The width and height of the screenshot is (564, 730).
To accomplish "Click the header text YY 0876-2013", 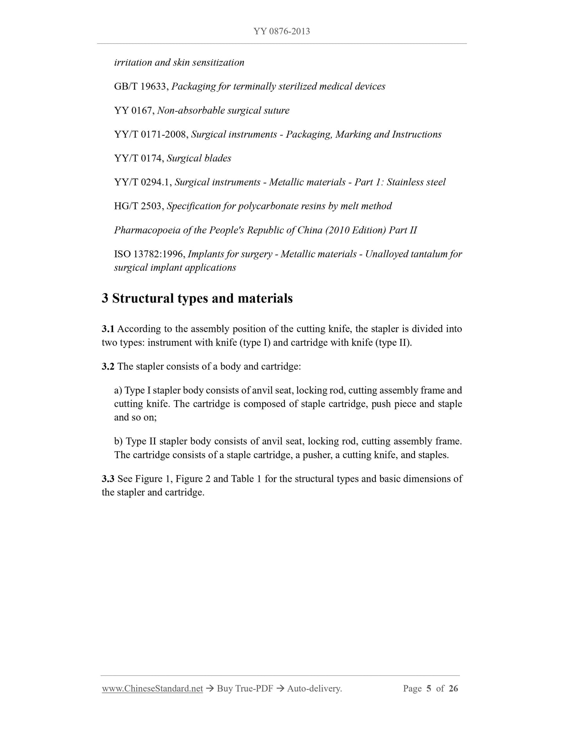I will (x=282, y=31).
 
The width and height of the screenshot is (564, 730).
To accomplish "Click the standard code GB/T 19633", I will (x=141, y=86).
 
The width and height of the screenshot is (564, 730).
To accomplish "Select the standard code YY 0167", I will (x=134, y=110).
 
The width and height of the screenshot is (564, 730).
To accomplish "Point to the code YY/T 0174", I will (x=139, y=158).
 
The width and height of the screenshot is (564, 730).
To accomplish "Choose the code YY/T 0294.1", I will (x=142, y=182).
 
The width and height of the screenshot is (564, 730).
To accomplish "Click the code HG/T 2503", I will (x=138, y=206).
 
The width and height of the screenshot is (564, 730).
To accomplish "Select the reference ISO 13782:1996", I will (x=149, y=254).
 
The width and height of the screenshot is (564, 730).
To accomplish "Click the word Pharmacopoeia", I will (x=147, y=230).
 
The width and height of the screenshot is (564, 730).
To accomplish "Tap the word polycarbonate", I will (x=272, y=206).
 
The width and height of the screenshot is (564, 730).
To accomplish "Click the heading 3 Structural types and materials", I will (x=197, y=298).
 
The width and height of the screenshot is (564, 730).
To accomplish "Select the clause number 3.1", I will (x=108, y=329).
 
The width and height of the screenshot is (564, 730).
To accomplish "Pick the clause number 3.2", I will (x=108, y=367).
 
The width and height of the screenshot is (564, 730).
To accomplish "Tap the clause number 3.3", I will (x=108, y=479).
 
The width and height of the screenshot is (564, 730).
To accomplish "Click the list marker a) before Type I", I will (x=118, y=390).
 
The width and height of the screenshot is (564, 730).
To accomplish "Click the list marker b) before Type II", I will (x=118, y=442).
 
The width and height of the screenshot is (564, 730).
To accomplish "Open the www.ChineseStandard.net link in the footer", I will (x=152, y=689).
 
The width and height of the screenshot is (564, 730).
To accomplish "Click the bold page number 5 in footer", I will (x=429, y=689).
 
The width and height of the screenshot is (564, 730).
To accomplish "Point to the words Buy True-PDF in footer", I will (x=245, y=689).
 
